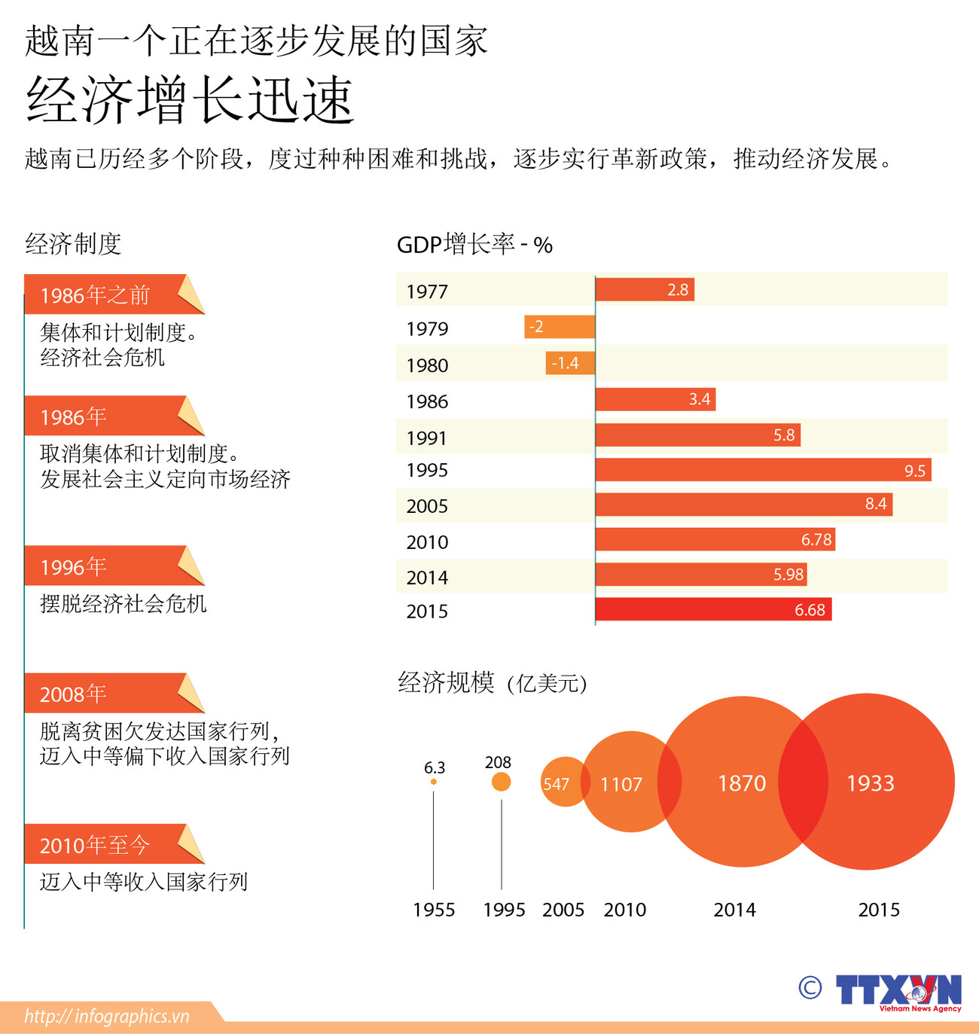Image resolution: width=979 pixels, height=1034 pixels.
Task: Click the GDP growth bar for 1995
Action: click(x=763, y=470)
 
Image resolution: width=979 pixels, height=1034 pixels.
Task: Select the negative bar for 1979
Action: click(x=560, y=327)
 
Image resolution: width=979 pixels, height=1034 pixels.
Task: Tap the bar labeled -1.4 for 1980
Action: click(x=570, y=363)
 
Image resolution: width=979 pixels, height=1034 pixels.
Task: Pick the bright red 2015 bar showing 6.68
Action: click(x=713, y=610)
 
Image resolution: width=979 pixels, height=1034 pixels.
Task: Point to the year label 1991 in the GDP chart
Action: click(x=426, y=438)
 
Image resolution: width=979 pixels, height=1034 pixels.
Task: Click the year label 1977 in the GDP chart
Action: click(x=426, y=291)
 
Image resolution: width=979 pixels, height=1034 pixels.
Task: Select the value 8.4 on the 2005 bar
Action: click(x=875, y=504)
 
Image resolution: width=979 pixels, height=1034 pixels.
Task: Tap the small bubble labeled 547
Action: click(x=557, y=784)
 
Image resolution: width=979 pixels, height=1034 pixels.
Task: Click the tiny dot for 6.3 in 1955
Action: click(x=433, y=782)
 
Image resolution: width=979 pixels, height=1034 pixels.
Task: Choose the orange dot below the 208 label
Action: click(x=501, y=782)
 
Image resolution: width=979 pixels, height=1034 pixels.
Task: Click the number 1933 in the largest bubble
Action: click(x=871, y=783)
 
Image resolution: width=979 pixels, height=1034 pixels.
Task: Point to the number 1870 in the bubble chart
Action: click(x=741, y=783)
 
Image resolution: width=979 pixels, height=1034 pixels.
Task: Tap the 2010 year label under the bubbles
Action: click(x=624, y=910)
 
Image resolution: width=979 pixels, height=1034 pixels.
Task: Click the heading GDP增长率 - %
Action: click(x=474, y=245)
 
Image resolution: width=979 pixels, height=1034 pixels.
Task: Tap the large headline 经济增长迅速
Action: click(x=190, y=100)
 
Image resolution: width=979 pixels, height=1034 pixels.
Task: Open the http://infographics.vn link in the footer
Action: click(x=107, y=1017)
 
